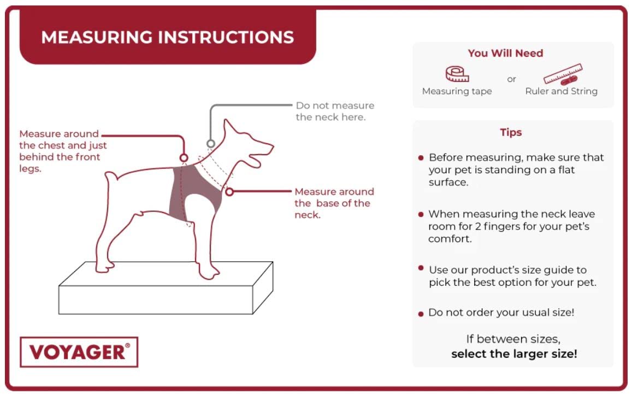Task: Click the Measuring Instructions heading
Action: coord(167,38)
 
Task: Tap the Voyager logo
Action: coord(79,352)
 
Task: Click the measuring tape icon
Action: coord(457,74)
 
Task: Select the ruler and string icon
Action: coord(563,74)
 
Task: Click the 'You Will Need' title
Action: coord(505,54)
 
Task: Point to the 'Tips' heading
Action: coord(511,132)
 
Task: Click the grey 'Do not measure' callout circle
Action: coord(211,144)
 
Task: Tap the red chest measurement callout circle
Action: coord(184,158)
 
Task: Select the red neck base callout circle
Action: coord(229,192)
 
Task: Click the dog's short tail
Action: coord(111,176)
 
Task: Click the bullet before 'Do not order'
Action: coord(421,314)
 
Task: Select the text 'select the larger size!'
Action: coord(514,354)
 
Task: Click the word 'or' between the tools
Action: coord(511,79)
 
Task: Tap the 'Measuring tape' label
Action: coord(457,91)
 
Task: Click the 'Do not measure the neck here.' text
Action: coord(335,111)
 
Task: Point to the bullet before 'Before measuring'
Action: coord(421,158)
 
